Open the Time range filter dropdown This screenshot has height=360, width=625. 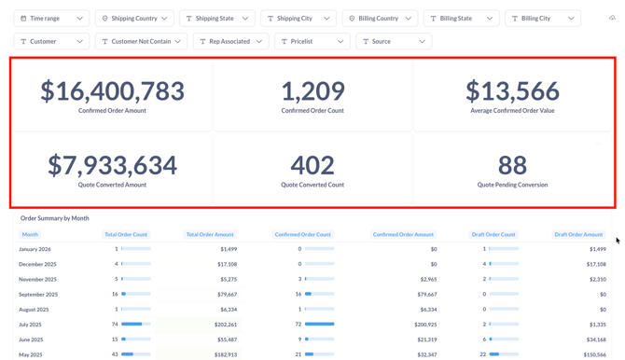pyautogui.click(x=51, y=19)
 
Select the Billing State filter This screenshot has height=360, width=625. pyautogui.click(x=461, y=19)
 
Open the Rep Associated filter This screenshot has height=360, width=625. pyautogui.click(x=230, y=42)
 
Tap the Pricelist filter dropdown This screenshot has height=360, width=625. pyautogui.click(x=312, y=42)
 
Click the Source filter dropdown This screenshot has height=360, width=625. pyautogui.click(x=393, y=42)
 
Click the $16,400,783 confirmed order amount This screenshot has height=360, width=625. pyautogui.click(x=112, y=90)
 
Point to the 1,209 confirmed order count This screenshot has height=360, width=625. pyautogui.click(x=312, y=90)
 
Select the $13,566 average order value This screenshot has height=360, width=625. pyautogui.click(x=512, y=90)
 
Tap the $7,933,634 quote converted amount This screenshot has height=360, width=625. pyautogui.click(x=112, y=165)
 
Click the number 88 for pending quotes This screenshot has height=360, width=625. pyautogui.click(x=512, y=165)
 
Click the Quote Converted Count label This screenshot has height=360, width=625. pyautogui.click(x=312, y=185)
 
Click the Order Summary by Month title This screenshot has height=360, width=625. pyautogui.click(x=54, y=218)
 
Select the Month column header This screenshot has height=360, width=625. pyautogui.click(x=30, y=235)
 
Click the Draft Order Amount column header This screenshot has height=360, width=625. pyautogui.click(x=577, y=235)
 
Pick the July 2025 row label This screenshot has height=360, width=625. pyautogui.click(x=35, y=325)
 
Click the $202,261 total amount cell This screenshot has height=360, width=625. pyautogui.click(x=225, y=325)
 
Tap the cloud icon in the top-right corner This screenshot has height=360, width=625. pyautogui.click(x=612, y=18)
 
